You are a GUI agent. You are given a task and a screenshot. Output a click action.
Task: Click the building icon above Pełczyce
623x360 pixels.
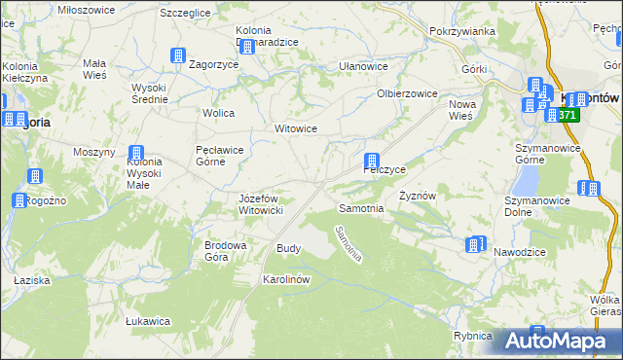pos(372,161)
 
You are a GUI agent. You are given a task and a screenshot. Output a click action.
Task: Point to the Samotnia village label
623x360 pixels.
pos(360,208)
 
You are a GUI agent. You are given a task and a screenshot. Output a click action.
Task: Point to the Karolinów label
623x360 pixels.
pos(286,278)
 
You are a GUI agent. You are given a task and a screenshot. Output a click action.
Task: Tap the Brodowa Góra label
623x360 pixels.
pos(223,251)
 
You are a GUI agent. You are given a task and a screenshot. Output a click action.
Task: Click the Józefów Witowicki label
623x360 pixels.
pos(260,204)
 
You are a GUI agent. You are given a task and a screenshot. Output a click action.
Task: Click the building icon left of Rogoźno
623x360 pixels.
pos(19,201)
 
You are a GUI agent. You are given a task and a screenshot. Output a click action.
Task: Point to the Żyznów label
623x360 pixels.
pos(418,195)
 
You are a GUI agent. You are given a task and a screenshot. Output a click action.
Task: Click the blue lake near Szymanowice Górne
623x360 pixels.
pos(526,179)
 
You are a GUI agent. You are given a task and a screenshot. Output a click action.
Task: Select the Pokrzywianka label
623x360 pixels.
pos(462,31)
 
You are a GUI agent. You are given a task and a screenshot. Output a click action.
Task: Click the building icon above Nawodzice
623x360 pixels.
pos(474,244)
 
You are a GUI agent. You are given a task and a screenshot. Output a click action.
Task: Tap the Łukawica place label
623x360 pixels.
pos(149,320)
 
